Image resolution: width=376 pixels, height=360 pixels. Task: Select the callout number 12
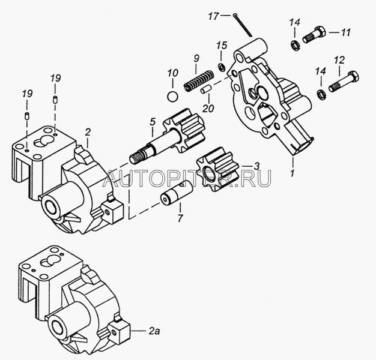click(339, 60)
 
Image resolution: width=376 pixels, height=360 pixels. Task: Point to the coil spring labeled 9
click(198, 80)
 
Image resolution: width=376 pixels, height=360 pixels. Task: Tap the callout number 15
click(222, 46)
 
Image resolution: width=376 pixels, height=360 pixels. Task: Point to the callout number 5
click(152, 122)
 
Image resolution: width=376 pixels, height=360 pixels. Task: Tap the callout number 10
click(172, 73)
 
